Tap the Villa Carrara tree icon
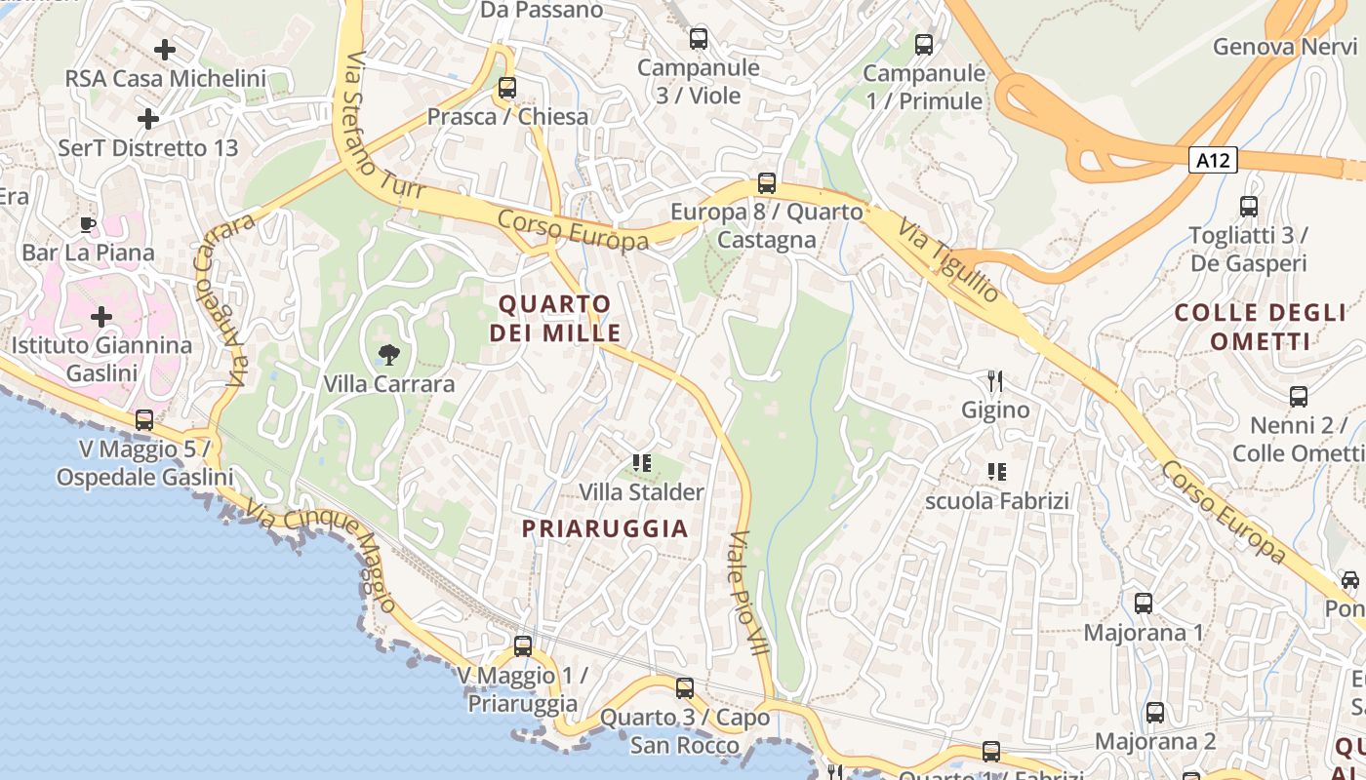tap(388, 354)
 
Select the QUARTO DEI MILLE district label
tap(555, 318)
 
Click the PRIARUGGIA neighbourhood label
tap(605, 528)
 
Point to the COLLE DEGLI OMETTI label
tap(1260, 327)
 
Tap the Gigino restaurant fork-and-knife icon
tap(995, 380)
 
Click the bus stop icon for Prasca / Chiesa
tap(506, 87)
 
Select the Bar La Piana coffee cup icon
tap(88, 225)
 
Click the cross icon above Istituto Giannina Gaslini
tap(101, 317)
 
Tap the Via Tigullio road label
tap(948, 259)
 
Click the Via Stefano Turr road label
tap(383, 127)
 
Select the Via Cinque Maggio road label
tap(321, 555)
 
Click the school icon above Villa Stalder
tap(641, 463)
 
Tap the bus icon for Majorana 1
tap(1144, 604)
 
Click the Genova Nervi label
tap(1285, 47)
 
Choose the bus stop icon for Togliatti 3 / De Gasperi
tap(1249, 207)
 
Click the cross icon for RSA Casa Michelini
tap(165, 49)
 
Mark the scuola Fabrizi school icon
tap(996, 472)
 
